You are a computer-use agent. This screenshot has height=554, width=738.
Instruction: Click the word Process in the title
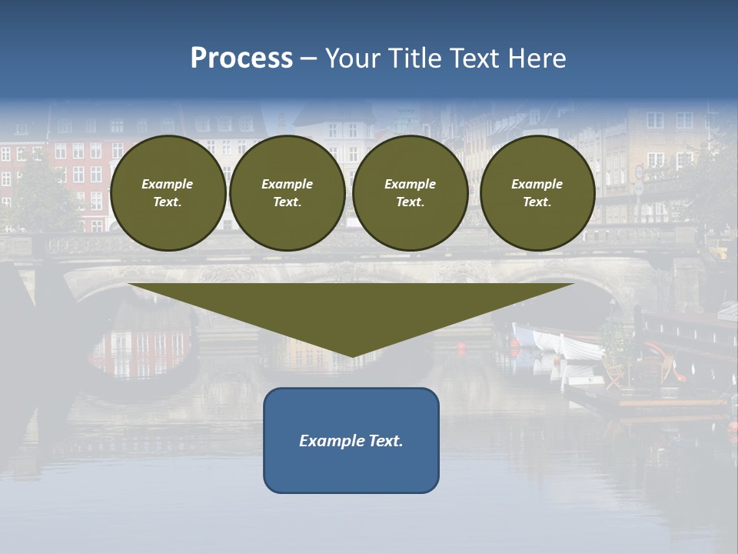click(x=241, y=58)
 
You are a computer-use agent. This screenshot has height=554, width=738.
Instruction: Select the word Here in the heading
click(x=535, y=58)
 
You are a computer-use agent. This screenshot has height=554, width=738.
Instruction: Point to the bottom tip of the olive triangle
click(x=351, y=355)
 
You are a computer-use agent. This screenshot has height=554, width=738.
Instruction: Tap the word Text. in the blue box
click(x=385, y=441)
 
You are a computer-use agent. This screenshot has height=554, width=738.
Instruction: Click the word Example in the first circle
click(x=168, y=184)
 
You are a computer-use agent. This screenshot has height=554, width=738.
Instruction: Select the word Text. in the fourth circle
click(x=537, y=202)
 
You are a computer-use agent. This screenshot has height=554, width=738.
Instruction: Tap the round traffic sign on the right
click(x=639, y=172)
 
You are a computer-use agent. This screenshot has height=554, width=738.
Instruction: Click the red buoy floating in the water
click(x=461, y=347)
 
